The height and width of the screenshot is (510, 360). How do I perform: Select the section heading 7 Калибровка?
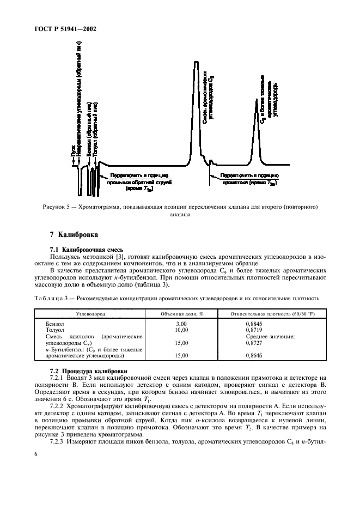pos(74,235)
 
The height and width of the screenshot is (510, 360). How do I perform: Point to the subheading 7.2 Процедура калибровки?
pos(89,370)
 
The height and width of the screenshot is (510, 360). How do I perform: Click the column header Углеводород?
pos(90,314)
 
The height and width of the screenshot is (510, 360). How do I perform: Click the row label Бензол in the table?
pos(56,324)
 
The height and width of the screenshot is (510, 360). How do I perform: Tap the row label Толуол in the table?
pos(56,330)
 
